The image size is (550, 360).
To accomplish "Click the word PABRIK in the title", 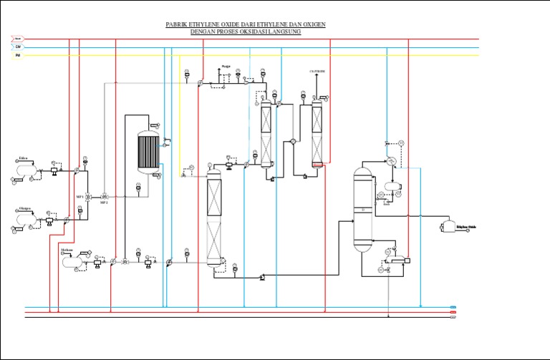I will coord(177,24).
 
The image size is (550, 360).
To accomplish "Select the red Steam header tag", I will coord(18,39).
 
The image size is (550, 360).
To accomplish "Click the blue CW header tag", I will coord(18,47).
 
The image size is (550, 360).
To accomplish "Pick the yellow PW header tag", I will coord(18,54).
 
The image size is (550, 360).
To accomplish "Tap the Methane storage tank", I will coord(72,261).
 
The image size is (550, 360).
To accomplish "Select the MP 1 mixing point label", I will coord(80,196).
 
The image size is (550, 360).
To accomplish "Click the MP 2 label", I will coord(104,203).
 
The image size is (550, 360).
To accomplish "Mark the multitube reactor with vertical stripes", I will coord(148,151).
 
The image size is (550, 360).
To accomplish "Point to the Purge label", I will coord(226,66).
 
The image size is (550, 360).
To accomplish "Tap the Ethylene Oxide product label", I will coord(467,227).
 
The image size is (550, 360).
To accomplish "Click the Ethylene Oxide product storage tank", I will coord(450,226).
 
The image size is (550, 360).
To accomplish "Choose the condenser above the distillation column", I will coord(392,161).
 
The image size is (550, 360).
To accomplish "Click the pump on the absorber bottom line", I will coord(262,276).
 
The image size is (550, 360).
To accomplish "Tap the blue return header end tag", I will coord(453,307).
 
